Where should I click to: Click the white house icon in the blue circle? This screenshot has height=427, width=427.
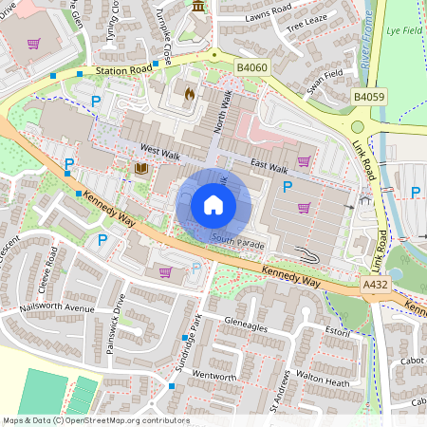tap(213, 204)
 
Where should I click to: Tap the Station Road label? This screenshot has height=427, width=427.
tap(121, 70)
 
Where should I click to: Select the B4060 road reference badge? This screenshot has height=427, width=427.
tap(253, 67)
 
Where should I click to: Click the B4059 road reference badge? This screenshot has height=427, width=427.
tap(368, 96)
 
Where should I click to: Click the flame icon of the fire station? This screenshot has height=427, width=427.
tap(189, 94)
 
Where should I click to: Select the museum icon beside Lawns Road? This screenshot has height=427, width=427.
tap(198, 8)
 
